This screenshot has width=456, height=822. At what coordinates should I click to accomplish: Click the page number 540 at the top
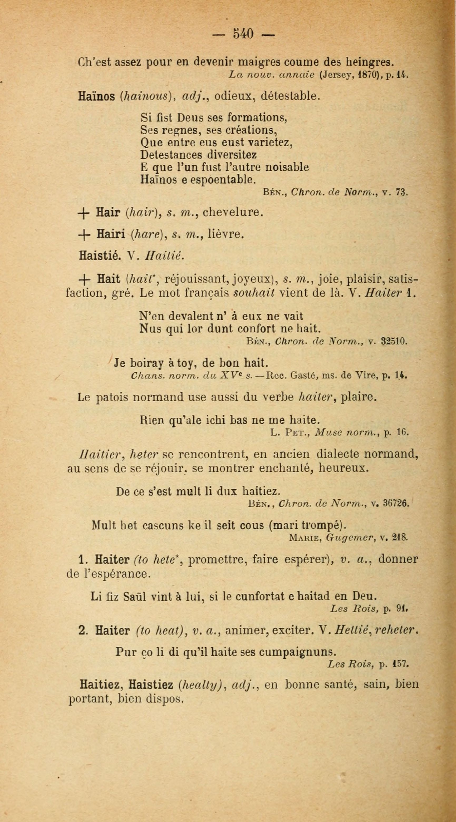[243, 33]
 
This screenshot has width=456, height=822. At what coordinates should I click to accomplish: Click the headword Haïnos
[96, 96]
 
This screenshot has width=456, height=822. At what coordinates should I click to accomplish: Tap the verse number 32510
[394, 341]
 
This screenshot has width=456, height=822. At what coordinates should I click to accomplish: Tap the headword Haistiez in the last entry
[151, 685]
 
